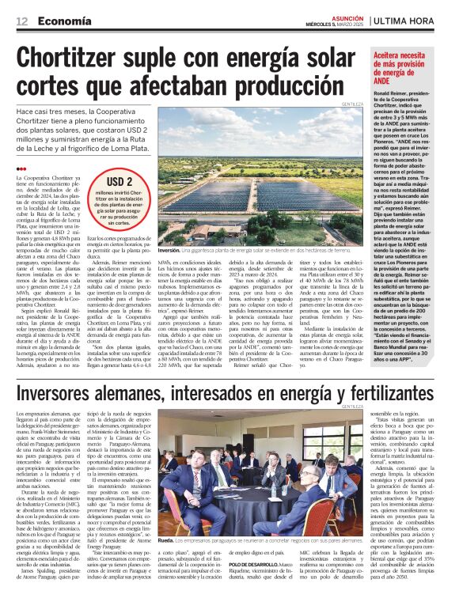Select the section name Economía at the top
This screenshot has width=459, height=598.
pyautogui.click(x=63, y=21)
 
